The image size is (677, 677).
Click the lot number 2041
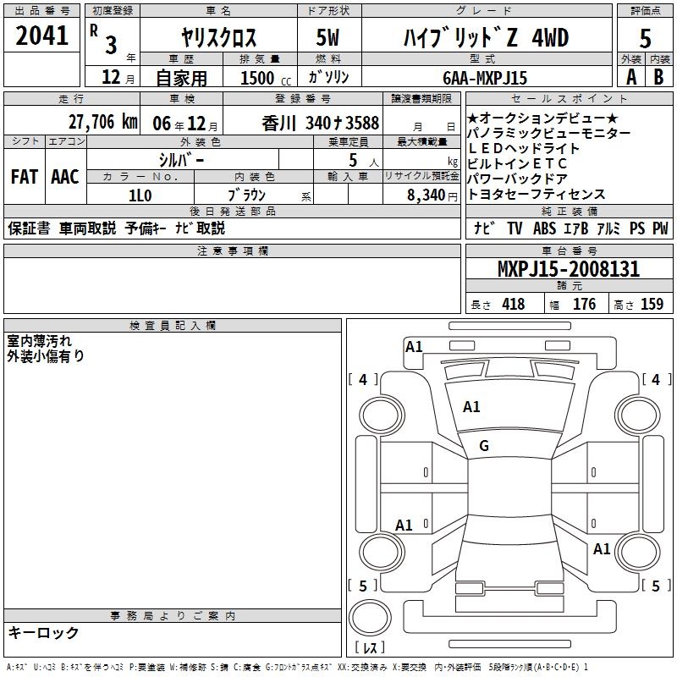[42, 36]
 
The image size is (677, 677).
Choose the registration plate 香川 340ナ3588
[320, 122]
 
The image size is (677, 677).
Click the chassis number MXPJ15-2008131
[568, 270]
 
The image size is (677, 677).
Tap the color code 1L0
[140, 194]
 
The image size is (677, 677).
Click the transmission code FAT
[25, 176]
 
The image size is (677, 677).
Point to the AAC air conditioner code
[65, 176]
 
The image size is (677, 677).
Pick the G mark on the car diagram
[484, 446]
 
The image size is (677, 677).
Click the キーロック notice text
[43, 633]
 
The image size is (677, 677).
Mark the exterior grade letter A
[631, 77]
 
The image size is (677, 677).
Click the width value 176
[585, 305]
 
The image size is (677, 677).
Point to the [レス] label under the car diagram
[370, 647]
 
